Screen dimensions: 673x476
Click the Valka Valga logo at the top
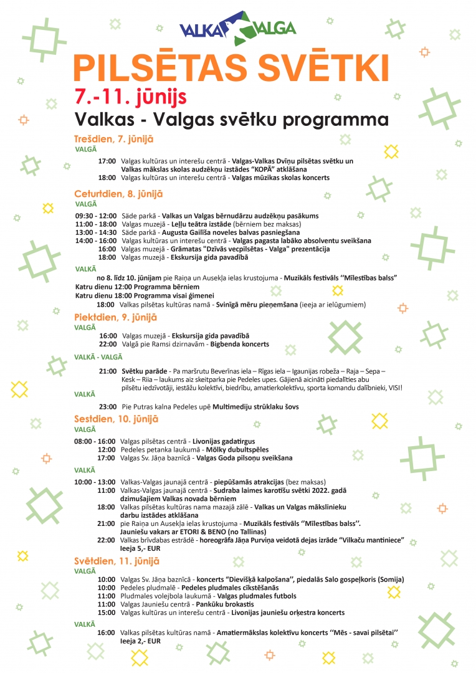[x=237, y=29]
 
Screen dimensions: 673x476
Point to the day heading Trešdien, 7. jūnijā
[x=113, y=140]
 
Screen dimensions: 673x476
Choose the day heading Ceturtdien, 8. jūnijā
[x=118, y=194]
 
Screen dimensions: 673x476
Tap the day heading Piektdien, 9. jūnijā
[x=115, y=317]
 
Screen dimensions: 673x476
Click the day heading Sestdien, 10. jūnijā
[x=116, y=419]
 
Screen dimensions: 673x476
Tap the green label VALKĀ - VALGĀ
[x=98, y=357]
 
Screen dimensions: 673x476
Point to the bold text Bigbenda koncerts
[x=239, y=344]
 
